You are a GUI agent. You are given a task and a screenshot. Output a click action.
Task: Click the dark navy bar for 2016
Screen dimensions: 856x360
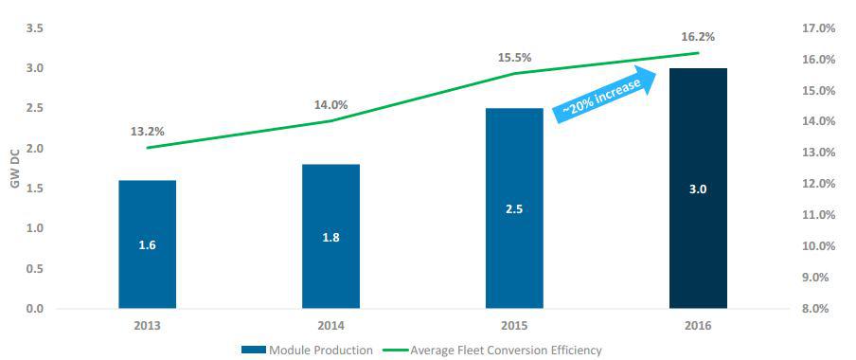(x=698, y=189)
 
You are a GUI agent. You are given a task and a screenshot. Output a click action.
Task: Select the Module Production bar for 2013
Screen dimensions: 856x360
(x=148, y=244)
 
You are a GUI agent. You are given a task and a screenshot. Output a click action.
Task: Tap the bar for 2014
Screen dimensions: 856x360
(x=330, y=237)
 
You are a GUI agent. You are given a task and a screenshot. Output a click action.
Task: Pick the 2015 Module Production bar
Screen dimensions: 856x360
(x=514, y=208)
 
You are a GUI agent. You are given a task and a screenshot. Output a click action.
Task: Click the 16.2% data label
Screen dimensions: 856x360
(x=698, y=38)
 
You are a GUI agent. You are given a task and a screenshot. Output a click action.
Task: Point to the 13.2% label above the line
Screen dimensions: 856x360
(x=148, y=132)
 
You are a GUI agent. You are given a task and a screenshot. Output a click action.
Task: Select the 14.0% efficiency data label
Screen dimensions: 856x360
(x=330, y=105)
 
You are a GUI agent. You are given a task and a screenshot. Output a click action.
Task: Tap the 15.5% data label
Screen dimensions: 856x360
(x=514, y=58)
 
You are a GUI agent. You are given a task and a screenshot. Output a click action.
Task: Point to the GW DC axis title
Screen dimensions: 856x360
(x=15, y=169)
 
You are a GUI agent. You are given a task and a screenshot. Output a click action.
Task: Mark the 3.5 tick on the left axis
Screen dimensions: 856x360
(x=34, y=28)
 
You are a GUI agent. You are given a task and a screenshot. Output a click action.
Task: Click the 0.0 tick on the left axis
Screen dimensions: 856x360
(x=34, y=309)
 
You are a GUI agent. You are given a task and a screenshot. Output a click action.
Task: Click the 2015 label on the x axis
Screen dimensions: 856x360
(x=514, y=326)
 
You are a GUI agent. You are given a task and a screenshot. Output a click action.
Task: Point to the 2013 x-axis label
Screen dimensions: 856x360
(x=148, y=326)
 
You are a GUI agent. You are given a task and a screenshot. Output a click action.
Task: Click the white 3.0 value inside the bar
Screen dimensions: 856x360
(x=698, y=189)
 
